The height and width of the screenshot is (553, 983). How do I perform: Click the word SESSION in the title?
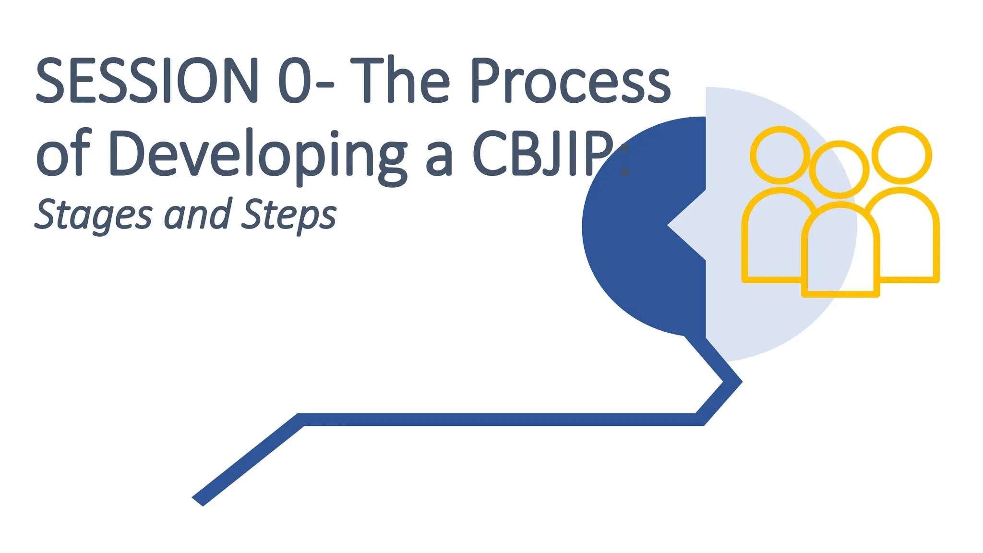pyautogui.click(x=147, y=80)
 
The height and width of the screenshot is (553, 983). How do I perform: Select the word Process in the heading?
pyautogui.click(x=570, y=80)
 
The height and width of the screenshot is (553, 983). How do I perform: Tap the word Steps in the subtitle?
pyautogui.click(x=289, y=215)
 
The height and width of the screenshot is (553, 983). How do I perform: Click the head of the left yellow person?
pyautogui.click(x=780, y=155)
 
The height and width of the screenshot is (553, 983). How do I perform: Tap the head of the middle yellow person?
pyautogui.click(x=839, y=169)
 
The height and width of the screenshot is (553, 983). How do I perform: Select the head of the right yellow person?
pyautogui.click(x=902, y=155)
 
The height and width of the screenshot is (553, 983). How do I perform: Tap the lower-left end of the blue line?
pyautogui.click(x=198, y=500)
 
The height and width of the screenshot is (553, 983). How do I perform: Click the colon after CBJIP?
pyautogui.click(x=624, y=160)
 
